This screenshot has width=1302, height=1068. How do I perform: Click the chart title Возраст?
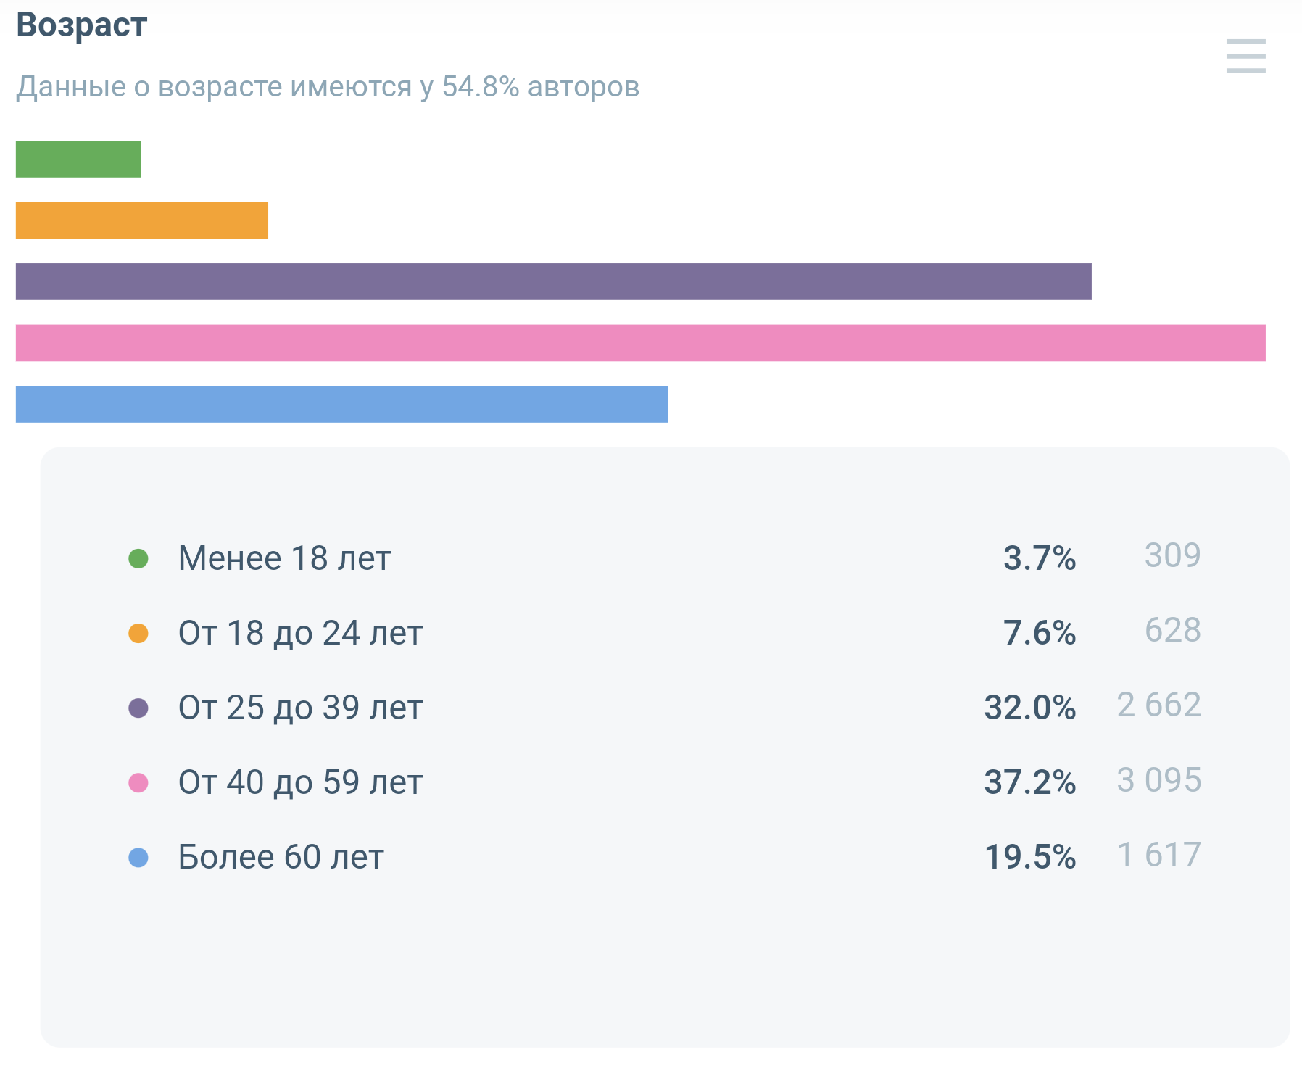click(x=81, y=25)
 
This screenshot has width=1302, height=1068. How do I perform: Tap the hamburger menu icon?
click(x=1245, y=56)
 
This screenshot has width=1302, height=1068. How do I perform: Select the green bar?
click(x=78, y=159)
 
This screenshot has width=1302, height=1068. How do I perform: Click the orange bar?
click(x=142, y=220)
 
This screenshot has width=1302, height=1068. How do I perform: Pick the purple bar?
click(x=553, y=281)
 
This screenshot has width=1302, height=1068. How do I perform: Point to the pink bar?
click(x=640, y=343)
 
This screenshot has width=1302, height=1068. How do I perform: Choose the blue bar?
click(x=341, y=404)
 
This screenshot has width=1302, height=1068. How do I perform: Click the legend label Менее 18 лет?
click(x=284, y=558)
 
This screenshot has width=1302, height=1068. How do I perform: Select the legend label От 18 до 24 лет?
click(x=300, y=633)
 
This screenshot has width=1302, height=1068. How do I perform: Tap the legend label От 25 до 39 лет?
click(x=300, y=708)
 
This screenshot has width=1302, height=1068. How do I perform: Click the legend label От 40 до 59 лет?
click(x=300, y=782)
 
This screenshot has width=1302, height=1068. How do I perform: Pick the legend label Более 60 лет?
click(x=281, y=857)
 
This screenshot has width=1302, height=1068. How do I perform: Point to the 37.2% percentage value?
click(x=1029, y=782)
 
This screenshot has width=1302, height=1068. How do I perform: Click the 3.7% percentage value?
click(x=1039, y=558)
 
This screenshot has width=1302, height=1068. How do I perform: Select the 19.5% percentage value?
click(x=1029, y=857)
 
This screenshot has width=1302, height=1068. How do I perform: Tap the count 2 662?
click(x=1158, y=705)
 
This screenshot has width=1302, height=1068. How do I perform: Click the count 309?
click(x=1172, y=555)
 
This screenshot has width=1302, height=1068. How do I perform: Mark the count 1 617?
click(x=1158, y=855)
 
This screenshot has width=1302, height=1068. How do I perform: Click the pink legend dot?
click(x=138, y=783)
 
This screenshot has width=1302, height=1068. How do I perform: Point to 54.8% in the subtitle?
click(x=481, y=86)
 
